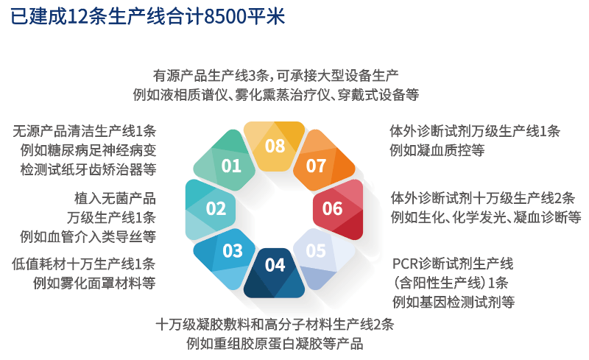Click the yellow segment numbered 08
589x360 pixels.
pos(274,146)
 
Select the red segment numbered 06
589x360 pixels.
pos(338,209)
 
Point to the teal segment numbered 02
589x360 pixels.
pos(211,209)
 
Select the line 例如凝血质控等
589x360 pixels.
pos(437,150)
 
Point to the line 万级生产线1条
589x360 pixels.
pos(112,218)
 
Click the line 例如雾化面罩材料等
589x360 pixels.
pos(94,283)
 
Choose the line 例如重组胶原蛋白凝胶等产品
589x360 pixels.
pos(275,344)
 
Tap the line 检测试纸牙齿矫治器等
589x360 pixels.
pos(88,169)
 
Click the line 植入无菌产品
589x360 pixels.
pos(115,198)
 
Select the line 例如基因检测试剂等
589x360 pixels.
pos(454,302)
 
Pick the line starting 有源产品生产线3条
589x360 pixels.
pos(275,76)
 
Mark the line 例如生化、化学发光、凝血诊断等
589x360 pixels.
pos(486,217)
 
